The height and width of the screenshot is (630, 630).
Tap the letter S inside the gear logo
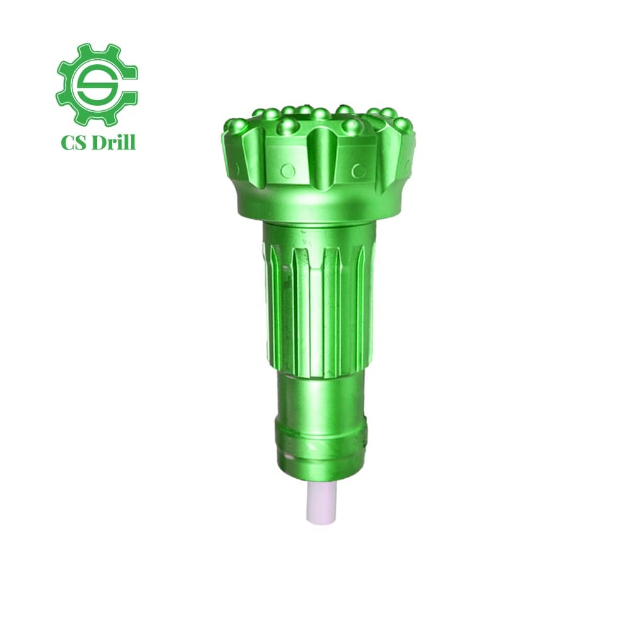(97, 83)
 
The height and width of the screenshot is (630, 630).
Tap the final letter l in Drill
(132, 142)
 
